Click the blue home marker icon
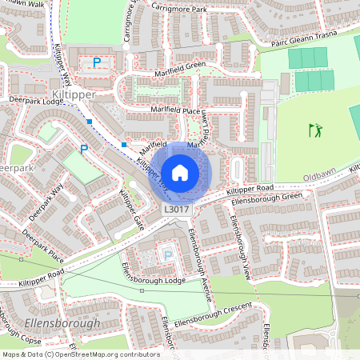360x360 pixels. click(180, 172)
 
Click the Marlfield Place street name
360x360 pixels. click(168, 110)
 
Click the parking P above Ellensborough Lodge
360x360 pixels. click(167, 254)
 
